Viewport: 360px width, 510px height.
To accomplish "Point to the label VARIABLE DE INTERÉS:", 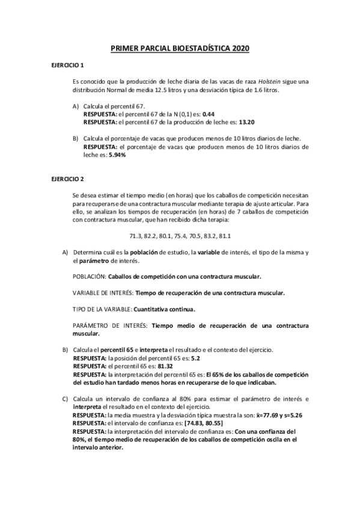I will click(102, 293).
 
